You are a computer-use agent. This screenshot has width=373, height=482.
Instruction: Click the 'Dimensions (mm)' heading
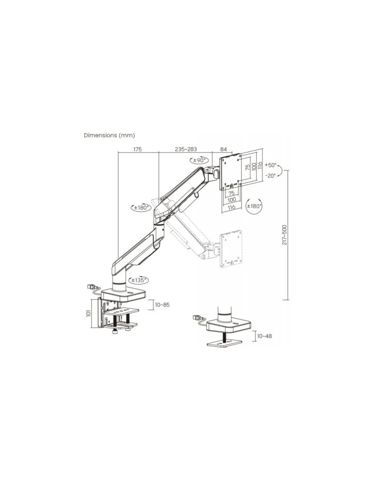(x=109, y=135)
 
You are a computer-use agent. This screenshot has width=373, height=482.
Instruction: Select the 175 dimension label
(x=137, y=149)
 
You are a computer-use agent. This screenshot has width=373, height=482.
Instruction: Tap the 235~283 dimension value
(x=186, y=149)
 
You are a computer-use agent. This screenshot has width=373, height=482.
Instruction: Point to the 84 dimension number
(x=223, y=149)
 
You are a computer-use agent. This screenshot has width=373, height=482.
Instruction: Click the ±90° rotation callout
(x=199, y=160)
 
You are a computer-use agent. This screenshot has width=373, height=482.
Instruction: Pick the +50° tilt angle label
(x=271, y=165)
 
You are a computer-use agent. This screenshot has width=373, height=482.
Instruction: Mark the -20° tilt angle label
(x=271, y=176)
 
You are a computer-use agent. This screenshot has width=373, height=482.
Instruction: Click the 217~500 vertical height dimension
(x=284, y=235)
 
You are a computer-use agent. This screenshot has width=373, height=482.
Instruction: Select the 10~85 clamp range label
(x=162, y=305)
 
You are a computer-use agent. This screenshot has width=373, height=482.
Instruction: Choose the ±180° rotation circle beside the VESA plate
(x=254, y=206)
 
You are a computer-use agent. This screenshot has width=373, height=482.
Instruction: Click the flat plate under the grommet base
(x=224, y=348)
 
